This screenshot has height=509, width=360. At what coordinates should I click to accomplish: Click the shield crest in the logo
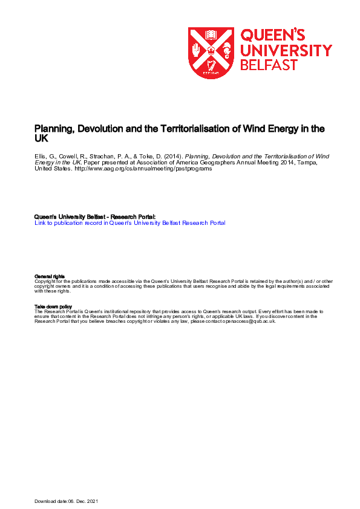click(x=211, y=53)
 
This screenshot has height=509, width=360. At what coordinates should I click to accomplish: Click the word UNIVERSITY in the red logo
click(x=286, y=50)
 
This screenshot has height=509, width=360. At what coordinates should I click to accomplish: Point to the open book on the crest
click(x=211, y=34)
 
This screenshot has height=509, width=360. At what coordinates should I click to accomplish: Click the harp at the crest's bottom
click(x=211, y=68)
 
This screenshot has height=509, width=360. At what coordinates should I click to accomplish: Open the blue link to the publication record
click(x=130, y=223)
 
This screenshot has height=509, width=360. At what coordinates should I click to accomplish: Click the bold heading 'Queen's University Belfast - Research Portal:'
click(x=95, y=216)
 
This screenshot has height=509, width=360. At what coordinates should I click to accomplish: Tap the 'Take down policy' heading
click(x=53, y=306)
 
